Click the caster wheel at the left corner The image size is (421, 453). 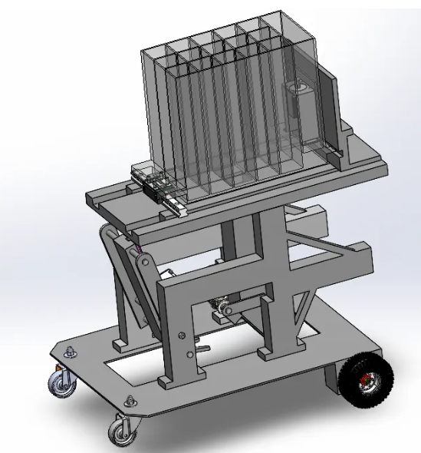click(59, 381)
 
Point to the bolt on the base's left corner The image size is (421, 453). click(71, 353)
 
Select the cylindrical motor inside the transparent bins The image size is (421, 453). click(295, 100)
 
